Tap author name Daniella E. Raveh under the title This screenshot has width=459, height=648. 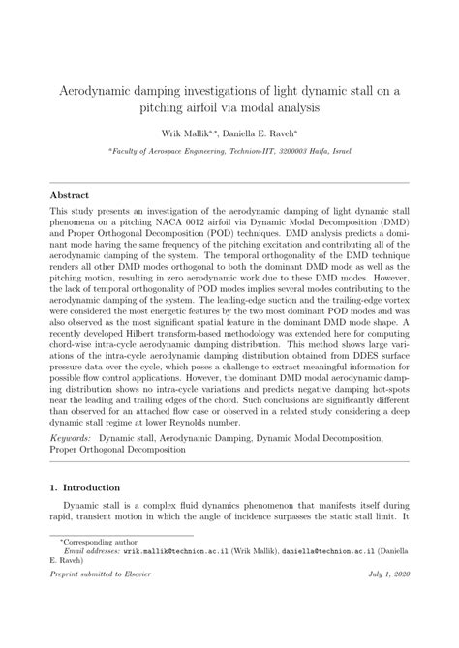[255, 135]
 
